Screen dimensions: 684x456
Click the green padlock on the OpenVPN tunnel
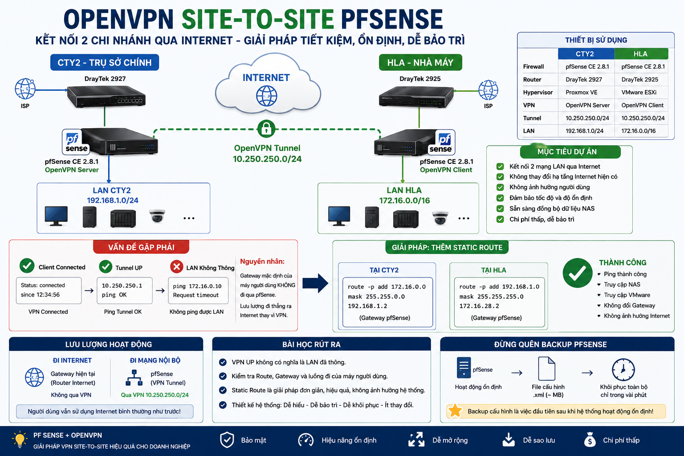266,129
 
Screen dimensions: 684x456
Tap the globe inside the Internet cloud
267,96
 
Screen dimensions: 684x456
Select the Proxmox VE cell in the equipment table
581,92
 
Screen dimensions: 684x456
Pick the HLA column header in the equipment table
641,54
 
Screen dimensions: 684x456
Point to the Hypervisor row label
538,92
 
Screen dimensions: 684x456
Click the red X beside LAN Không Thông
176,267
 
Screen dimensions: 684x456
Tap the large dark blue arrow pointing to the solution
315,283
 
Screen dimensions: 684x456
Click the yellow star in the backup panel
455,411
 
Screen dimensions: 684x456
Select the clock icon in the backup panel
623,370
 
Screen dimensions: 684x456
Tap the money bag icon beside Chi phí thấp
590,440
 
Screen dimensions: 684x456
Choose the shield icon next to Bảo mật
227,440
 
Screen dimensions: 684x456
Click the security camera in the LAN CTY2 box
157,216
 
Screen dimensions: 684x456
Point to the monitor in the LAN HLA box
339,216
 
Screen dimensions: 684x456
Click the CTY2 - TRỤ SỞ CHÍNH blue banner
105,63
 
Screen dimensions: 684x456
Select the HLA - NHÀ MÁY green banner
420,63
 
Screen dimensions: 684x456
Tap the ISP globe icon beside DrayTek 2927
25,89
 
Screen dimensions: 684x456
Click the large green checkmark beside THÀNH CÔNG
578,273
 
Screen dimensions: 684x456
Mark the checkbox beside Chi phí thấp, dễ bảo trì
500,219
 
